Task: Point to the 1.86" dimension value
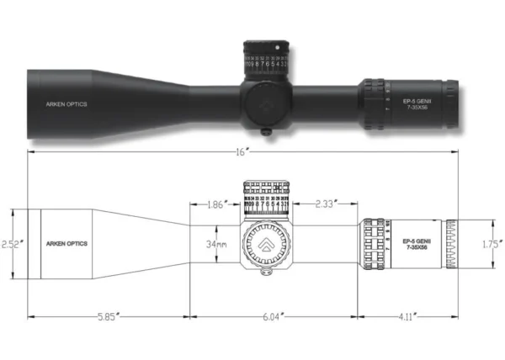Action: (x=216, y=204)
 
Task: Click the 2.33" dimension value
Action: (x=326, y=204)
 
